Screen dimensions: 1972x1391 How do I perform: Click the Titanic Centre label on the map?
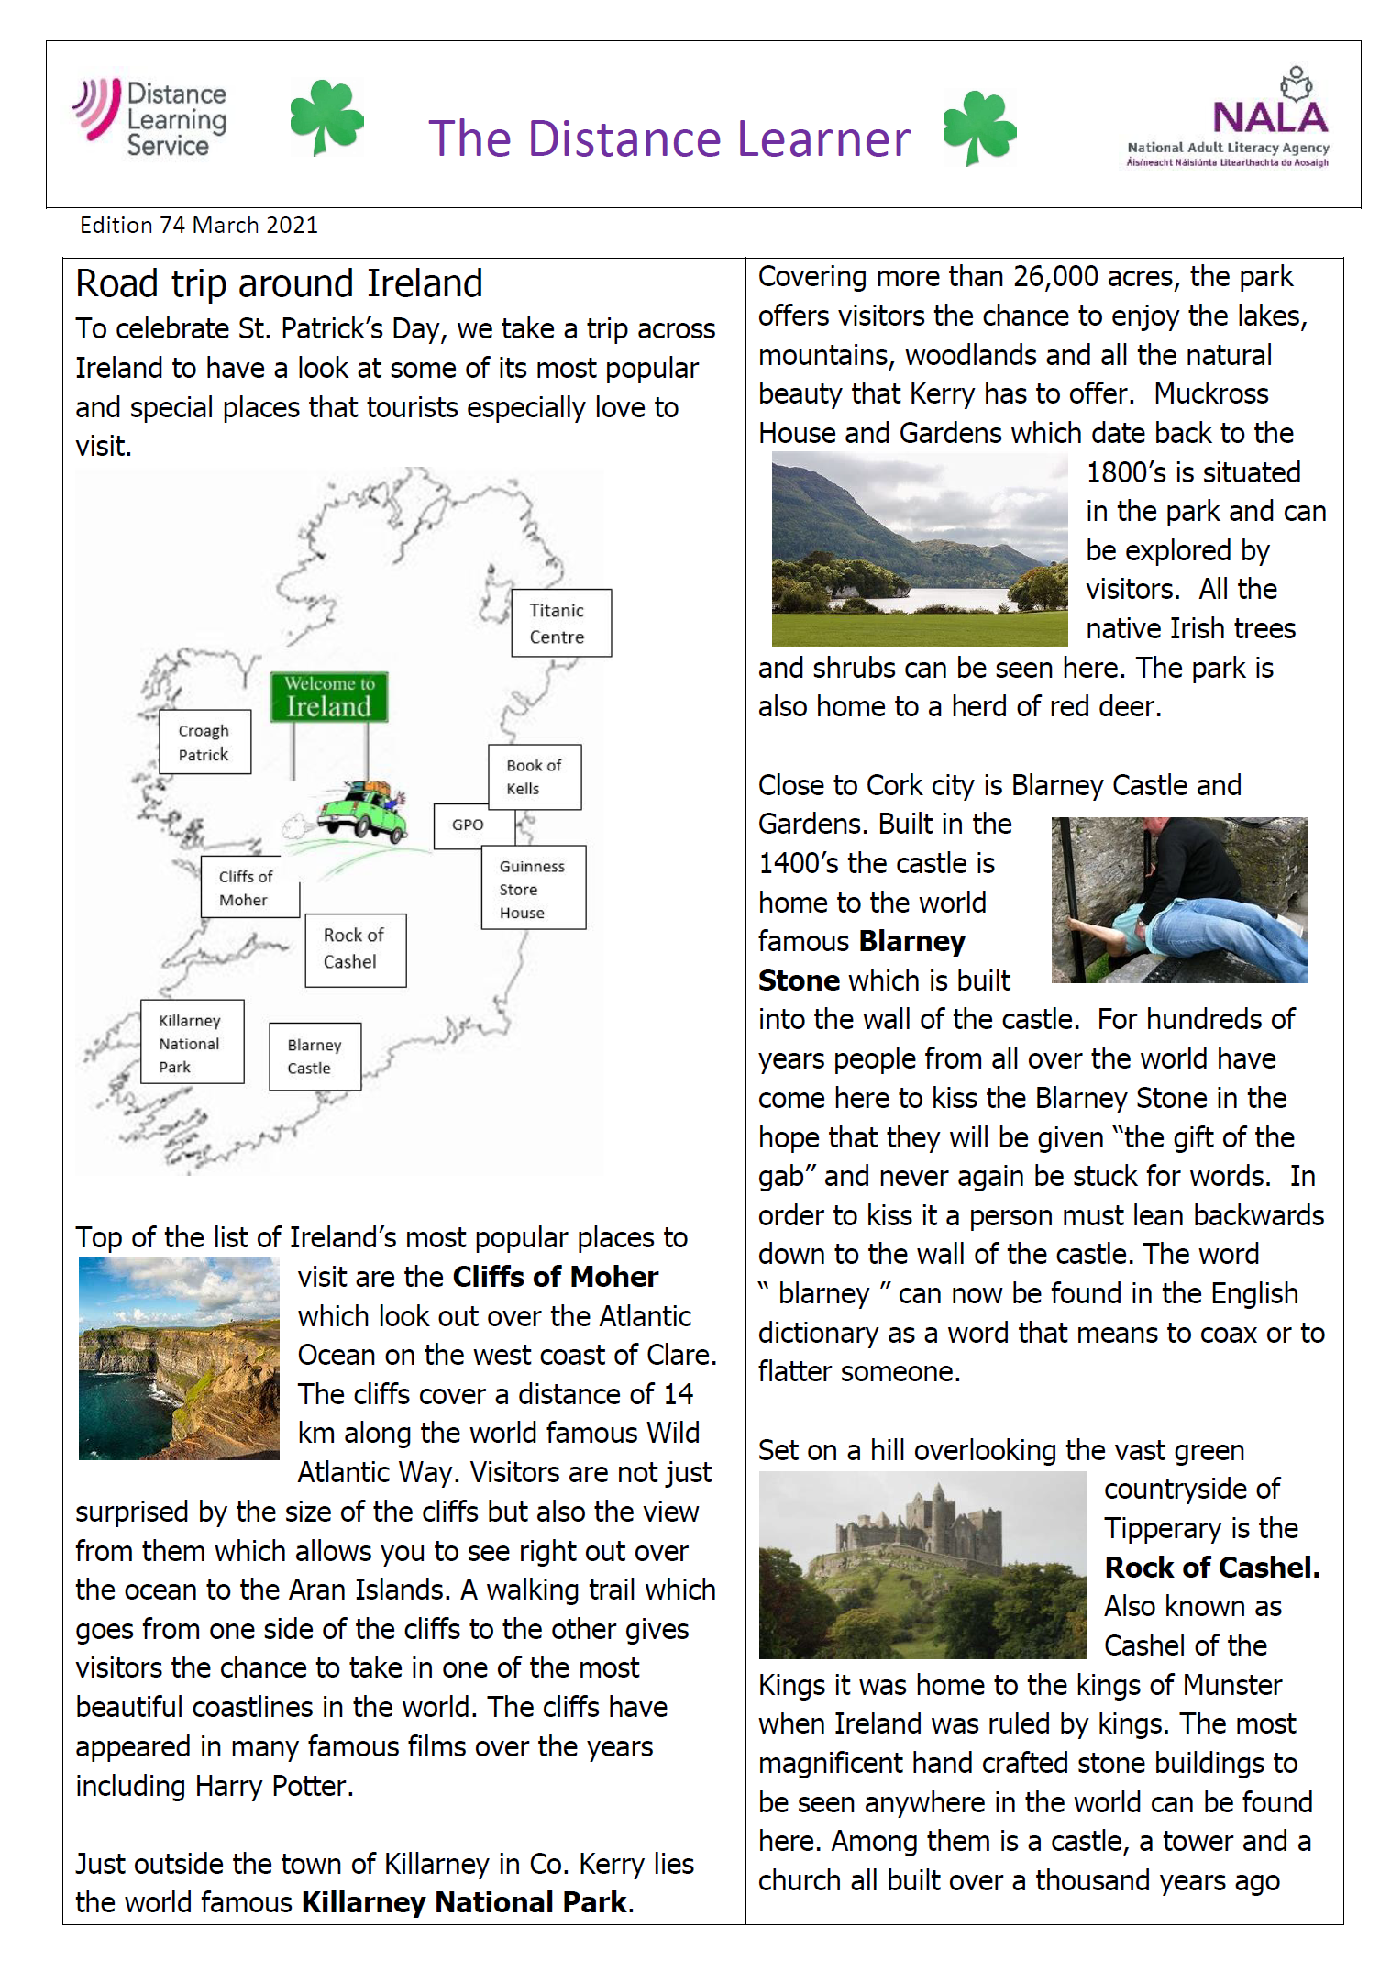point(560,623)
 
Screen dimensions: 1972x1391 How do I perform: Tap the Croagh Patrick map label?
point(204,742)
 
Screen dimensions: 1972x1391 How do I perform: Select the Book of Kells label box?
point(535,776)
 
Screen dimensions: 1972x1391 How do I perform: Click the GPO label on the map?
point(467,825)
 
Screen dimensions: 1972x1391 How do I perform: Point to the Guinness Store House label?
point(533,888)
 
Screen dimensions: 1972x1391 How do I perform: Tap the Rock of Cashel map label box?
point(355,949)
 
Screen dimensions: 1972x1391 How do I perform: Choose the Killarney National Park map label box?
point(192,1042)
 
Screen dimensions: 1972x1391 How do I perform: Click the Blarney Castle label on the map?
point(315,1056)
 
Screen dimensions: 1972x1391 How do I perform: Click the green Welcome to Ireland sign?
point(328,697)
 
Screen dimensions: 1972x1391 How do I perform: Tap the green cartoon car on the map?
point(362,810)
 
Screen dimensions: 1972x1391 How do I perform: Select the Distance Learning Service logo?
point(150,117)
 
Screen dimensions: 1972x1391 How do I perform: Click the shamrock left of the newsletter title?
point(326,117)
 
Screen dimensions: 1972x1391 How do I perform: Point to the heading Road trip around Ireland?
point(279,283)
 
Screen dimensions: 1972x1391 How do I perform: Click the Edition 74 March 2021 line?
point(199,226)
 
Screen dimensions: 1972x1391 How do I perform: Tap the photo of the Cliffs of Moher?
point(179,1357)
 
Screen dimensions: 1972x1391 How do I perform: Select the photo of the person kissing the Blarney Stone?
point(1178,900)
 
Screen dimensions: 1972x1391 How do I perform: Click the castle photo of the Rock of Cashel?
point(922,1564)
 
